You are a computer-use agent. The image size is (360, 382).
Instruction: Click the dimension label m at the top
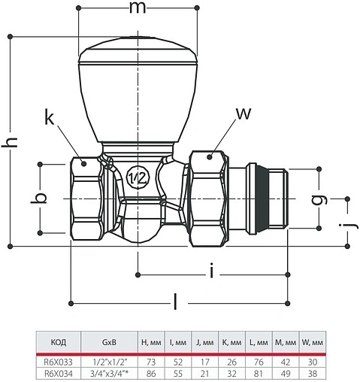click(x=138, y=8)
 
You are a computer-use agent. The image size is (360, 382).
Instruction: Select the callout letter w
click(x=244, y=114)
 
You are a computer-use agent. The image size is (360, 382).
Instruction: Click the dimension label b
click(x=39, y=199)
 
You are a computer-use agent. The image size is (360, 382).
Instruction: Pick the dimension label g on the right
click(x=320, y=199)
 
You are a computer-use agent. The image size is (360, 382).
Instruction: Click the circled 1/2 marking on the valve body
click(x=138, y=177)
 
